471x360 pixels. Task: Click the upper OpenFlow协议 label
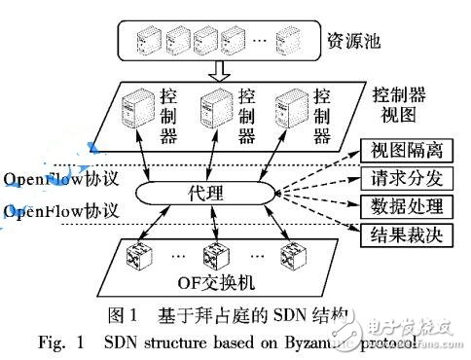tap(60, 179)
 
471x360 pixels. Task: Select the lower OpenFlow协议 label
tap(60, 211)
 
